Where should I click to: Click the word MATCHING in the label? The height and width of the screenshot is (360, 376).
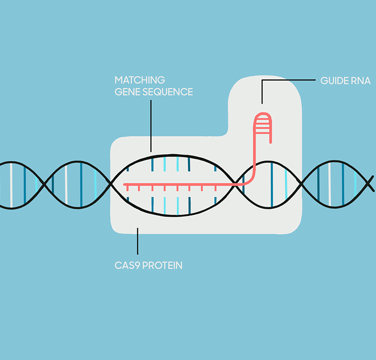tap(140, 80)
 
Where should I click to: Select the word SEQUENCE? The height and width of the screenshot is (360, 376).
tap(167, 92)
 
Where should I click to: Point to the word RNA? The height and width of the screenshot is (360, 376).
tap(361, 80)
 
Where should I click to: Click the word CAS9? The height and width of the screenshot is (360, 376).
tap(127, 265)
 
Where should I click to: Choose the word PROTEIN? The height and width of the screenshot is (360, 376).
tap(162, 265)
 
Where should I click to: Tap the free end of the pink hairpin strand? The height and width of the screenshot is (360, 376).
tap(271, 142)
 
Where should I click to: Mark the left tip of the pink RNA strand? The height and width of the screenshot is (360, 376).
tap(125, 184)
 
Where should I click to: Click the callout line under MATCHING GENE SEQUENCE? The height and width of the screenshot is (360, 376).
tap(151, 126)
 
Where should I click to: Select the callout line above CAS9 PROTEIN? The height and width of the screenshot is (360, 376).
tap(137, 241)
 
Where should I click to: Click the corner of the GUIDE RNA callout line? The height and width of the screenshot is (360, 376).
tap(262, 80)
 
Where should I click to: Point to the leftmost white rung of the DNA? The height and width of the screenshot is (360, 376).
tap(11, 185)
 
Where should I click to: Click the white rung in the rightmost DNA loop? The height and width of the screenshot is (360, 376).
tap(330, 184)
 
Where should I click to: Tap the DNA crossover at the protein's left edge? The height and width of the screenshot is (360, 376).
tap(110, 184)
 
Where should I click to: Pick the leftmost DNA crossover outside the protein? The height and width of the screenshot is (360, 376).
tap(44, 184)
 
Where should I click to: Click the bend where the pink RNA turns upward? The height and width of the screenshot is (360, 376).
tap(250, 180)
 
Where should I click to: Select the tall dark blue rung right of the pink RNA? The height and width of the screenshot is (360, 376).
tap(272, 185)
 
